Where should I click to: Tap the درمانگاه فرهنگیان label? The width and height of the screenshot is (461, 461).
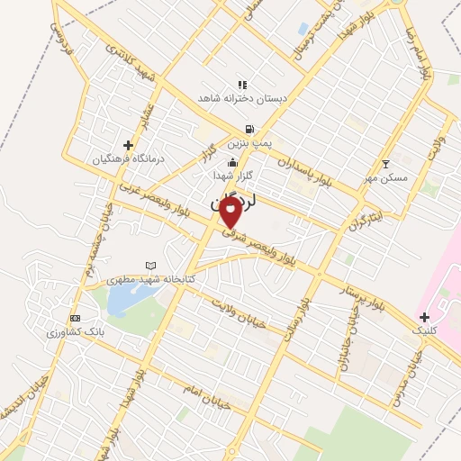pos(130,158)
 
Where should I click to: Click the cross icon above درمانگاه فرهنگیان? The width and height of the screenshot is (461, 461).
pos(130,144)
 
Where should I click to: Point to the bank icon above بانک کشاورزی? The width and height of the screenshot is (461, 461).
pos(75,319)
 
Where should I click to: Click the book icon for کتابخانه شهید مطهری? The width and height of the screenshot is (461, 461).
pos(151,266)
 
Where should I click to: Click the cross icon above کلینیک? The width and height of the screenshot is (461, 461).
pos(424,317)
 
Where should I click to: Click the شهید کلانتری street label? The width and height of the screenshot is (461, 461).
pos(131,65)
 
